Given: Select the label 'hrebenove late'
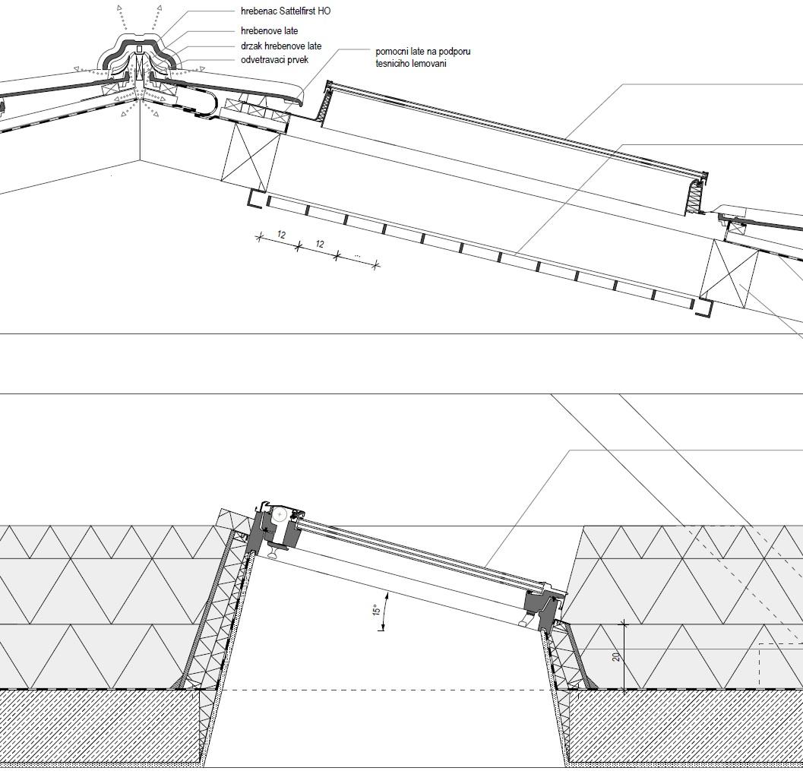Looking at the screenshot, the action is (x=270, y=30).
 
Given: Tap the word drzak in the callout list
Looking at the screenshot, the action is (x=251, y=46).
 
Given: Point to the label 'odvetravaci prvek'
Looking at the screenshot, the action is (x=274, y=60).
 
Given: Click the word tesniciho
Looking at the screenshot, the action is (x=393, y=64).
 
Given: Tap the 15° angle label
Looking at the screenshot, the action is (x=376, y=610).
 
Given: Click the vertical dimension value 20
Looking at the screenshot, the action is (x=616, y=656).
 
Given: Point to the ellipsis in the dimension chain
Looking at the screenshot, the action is (x=358, y=255).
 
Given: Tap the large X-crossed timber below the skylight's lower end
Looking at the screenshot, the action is (x=729, y=274).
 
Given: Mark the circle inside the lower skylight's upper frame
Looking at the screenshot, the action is (x=280, y=516).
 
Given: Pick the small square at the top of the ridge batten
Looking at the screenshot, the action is (x=139, y=49).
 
